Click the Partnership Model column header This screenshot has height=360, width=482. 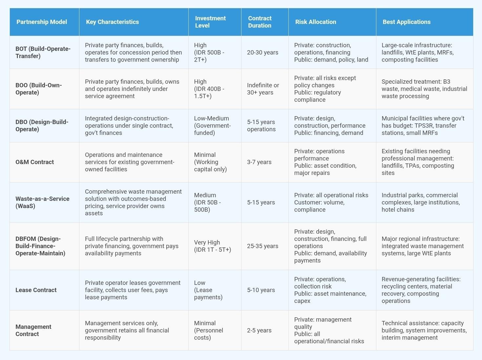click(x=42, y=22)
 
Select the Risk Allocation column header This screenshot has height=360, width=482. click(x=316, y=22)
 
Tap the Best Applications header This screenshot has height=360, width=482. click(x=407, y=22)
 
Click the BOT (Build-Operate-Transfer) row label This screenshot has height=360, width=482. click(x=43, y=53)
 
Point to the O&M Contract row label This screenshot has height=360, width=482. click(x=35, y=162)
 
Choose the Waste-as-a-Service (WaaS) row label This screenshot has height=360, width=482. click(x=42, y=202)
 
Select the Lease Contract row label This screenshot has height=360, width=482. click(x=36, y=290)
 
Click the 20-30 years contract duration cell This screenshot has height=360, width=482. click(x=262, y=53)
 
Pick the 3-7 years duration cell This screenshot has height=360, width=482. click(x=259, y=162)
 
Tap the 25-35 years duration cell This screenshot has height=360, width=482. click(x=262, y=246)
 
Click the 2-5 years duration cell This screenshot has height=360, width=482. click(x=259, y=330)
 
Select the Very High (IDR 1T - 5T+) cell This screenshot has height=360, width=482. click(x=213, y=246)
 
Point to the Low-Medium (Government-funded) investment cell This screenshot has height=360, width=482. click(x=213, y=126)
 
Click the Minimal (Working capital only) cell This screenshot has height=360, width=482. click(x=210, y=162)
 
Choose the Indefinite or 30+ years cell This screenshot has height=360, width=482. click(x=263, y=89)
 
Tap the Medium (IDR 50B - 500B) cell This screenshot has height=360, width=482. click(x=207, y=202)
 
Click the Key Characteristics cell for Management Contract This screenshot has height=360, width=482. click(x=127, y=330)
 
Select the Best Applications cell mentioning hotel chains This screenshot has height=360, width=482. click(x=421, y=202)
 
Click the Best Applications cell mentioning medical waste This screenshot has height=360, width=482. click(x=424, y=89)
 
